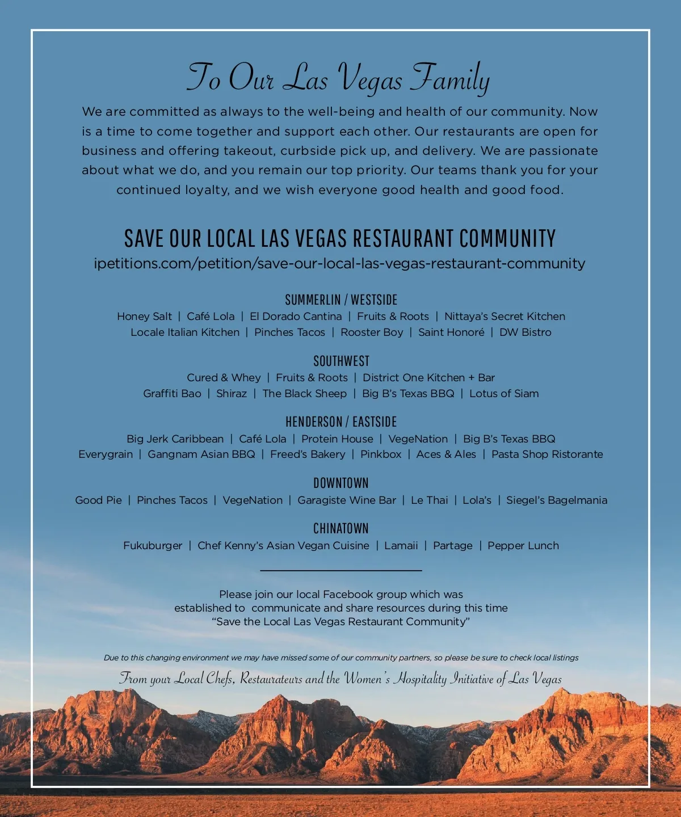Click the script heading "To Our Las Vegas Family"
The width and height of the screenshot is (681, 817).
tap(339, 78)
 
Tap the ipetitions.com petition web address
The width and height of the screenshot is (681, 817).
tap(339, 264)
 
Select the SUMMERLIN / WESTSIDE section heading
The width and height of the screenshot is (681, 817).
tap(341, 300)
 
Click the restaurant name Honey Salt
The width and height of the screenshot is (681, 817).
tap(144, 317)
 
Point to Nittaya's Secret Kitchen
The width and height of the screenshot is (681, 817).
tap(505, 317)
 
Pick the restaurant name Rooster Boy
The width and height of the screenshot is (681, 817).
tap(372, 332)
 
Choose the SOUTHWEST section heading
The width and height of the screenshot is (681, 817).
tap(341, 361)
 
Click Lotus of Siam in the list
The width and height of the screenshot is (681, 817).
tap(504, 394)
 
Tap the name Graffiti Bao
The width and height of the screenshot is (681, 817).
tap(172, 394)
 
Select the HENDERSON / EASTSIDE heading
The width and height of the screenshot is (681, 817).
tap(341, 422)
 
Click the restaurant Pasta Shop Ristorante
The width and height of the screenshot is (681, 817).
tap(547, 454)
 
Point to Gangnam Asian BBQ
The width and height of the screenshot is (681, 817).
tap(201, 454)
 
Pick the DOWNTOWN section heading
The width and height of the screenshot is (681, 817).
tap(341, 483)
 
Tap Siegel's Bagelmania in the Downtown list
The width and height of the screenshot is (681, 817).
tap(557, 500)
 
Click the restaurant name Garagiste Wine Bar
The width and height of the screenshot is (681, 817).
tap(347, 500)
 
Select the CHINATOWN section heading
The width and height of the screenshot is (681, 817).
tap(341, 528)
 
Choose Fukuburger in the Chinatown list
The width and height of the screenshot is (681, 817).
tap(153, 546)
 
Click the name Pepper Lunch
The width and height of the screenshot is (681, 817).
tap(523, 546)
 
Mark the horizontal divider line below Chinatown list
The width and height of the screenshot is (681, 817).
tap(341, 570)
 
